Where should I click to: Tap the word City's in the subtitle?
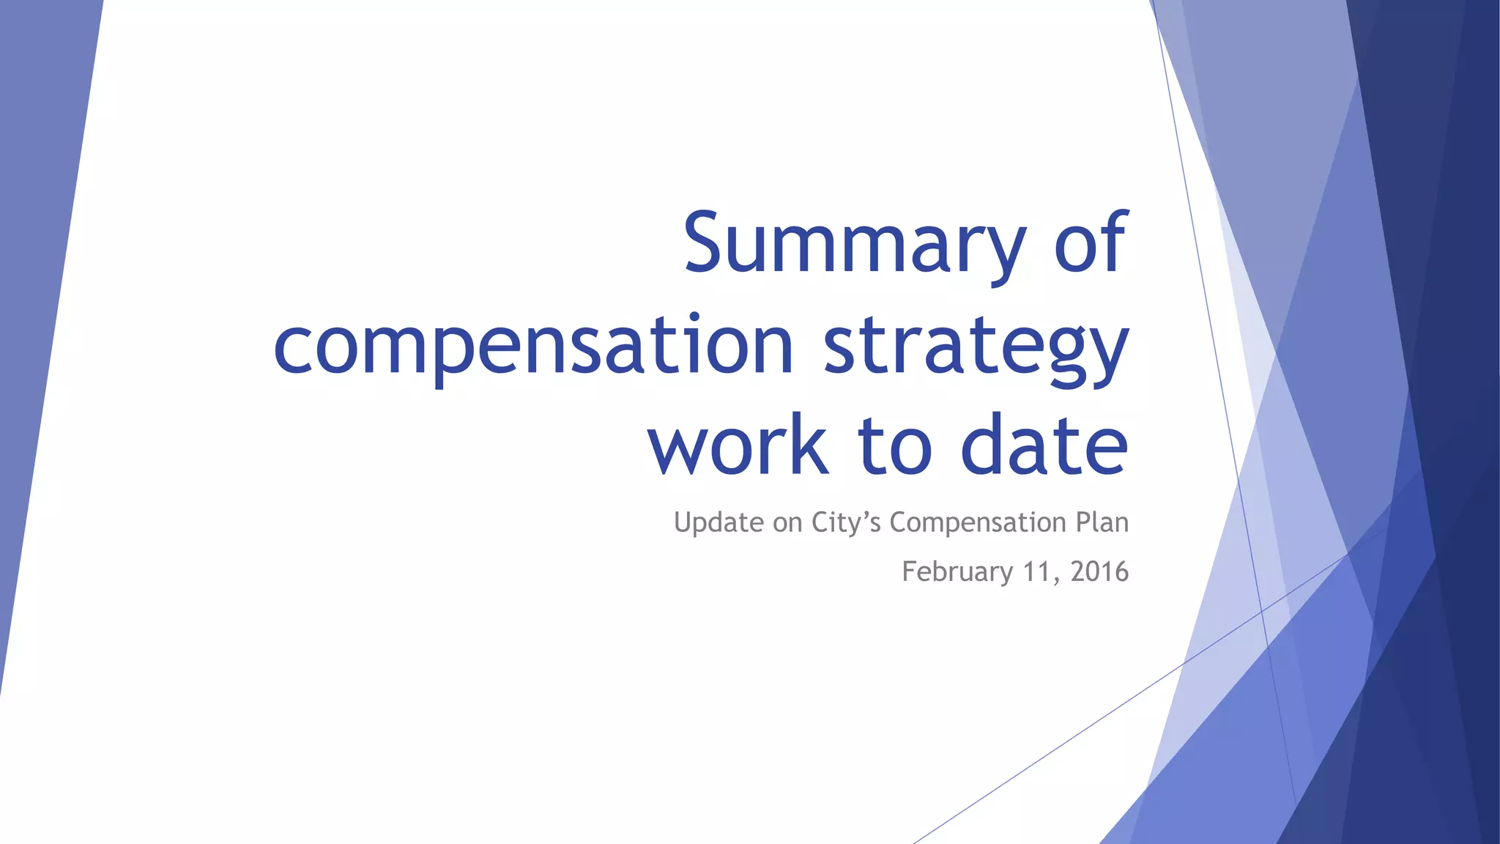coord(846,523)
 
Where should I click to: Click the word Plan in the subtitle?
coord(1102,522)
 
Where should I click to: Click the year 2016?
coord(1099,571)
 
